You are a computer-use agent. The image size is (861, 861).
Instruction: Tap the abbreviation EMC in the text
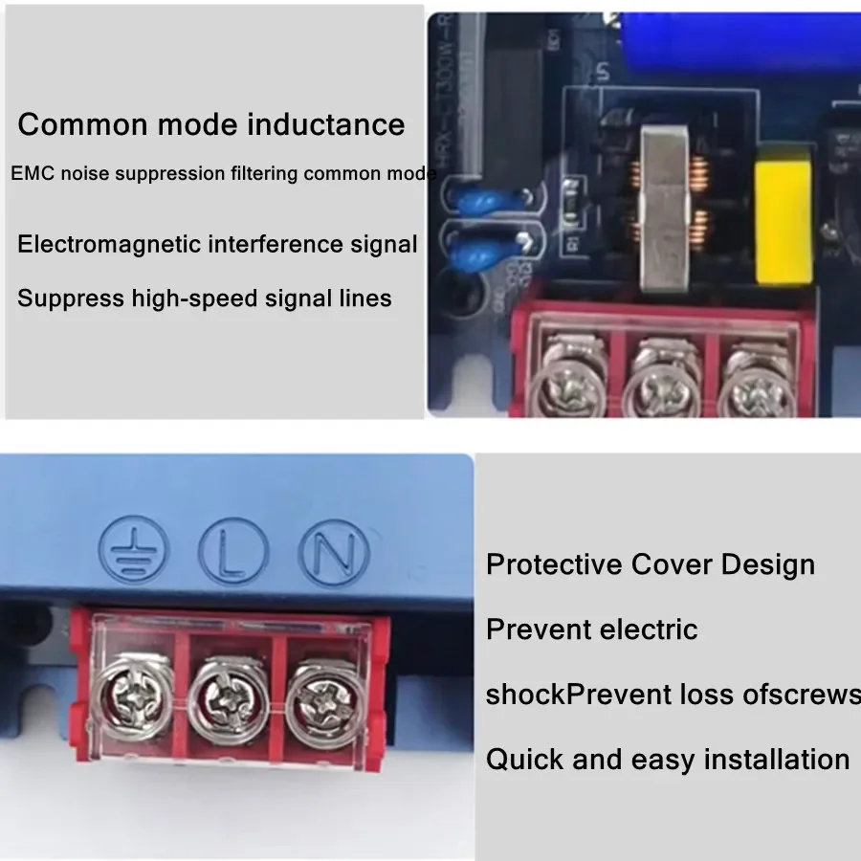(29, 175)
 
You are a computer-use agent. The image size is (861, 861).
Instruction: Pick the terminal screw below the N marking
(320, 698)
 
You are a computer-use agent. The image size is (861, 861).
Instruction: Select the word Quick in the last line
(524, 760)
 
